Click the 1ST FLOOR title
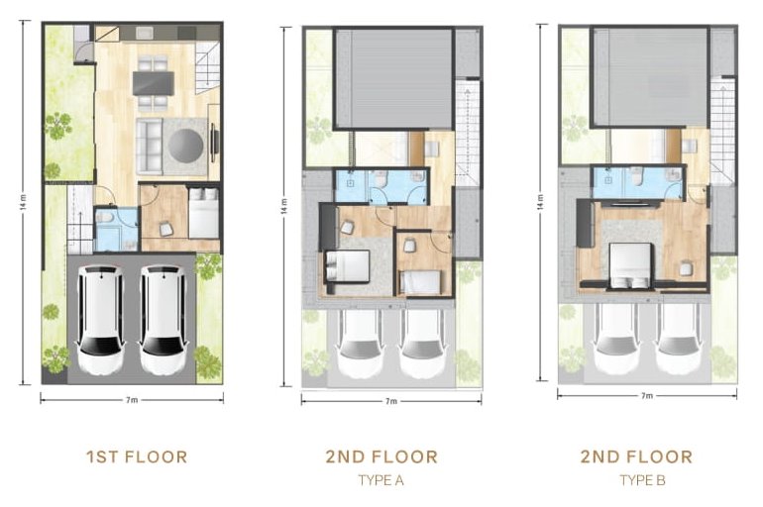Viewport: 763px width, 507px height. coord(137,456)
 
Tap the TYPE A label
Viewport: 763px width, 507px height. coord(381,480)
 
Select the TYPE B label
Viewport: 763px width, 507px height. coord(642,480)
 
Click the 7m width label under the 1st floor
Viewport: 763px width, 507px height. coord(132,400)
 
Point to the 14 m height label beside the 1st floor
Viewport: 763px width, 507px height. coord(23,203)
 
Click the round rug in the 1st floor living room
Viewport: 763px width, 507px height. coord(185,145)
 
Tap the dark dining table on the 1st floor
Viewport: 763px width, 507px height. coord(154,83)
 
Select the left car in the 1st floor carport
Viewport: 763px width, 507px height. coord(100,319)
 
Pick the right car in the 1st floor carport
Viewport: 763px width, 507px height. coord(163,319)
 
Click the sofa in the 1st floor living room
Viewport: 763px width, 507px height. coord(149,147)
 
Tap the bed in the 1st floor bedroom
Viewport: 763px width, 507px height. coord(204,213)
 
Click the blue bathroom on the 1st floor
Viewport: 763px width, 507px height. coord(116,229)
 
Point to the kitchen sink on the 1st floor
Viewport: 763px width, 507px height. coord(145,33)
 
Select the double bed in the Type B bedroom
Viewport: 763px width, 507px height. coord(630,265)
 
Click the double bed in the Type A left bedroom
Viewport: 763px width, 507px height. coord(347,266)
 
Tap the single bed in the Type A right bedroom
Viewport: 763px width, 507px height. coord(420,282)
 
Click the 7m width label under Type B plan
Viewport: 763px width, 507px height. coord(647,395)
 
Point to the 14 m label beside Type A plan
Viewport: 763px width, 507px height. coord(283,206)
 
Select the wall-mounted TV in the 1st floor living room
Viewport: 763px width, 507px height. coord(213,143)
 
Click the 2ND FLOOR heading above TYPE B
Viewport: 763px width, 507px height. coord(636,456)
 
